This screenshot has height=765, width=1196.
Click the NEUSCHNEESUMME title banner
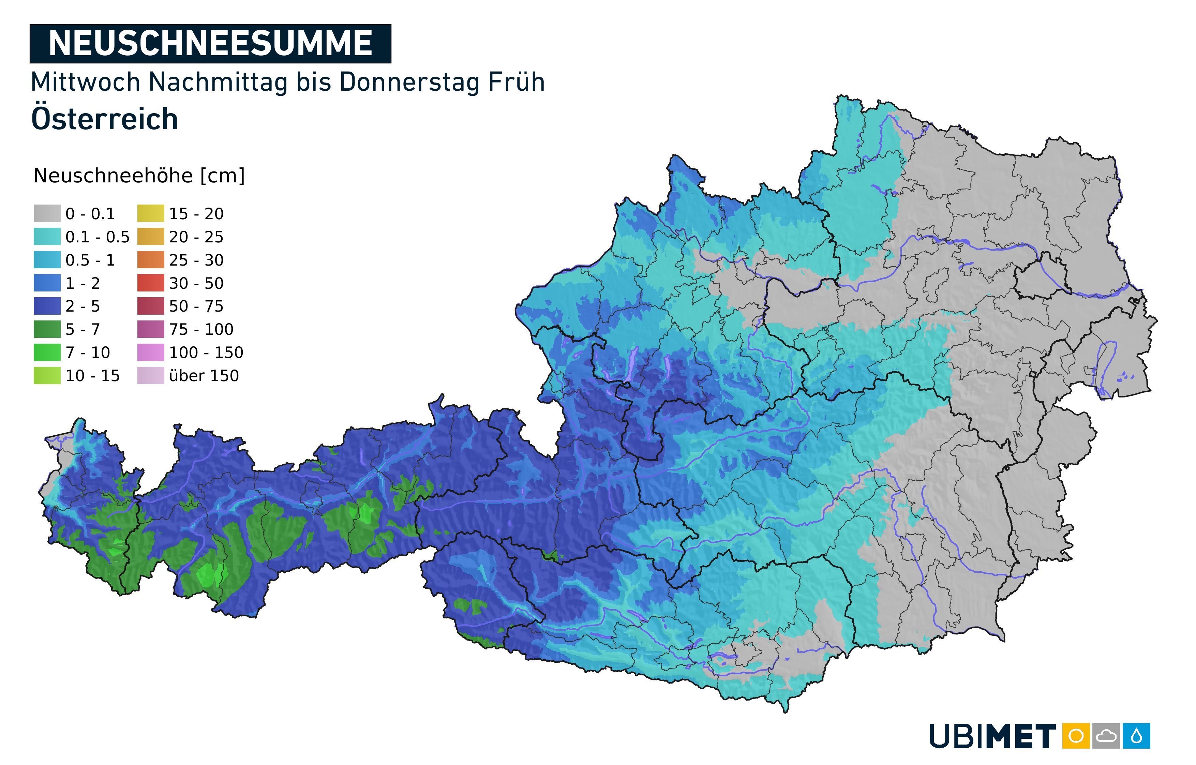[x=210, y=44]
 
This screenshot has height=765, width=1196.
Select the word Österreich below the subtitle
[x=104, y=119]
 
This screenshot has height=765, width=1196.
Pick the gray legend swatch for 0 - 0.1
[x=47, y=214]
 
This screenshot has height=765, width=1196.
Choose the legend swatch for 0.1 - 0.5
[x=47, y=237]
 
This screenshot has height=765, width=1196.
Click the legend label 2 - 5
[x=83, y=306]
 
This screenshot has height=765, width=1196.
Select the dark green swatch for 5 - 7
[x=47, y=329]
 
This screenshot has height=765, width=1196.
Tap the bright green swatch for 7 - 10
[x=47, y=352]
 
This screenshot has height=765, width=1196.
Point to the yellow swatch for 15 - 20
[x=150, y=214]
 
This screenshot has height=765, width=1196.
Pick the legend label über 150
[x=204, y=376]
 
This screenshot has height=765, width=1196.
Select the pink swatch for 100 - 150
[x=150, y=352]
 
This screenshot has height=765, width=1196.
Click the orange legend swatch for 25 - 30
[x=150, y=260]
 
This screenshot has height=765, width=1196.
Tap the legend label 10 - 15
[x=92, y=376]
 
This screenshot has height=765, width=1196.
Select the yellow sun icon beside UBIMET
[x=1076, y=736]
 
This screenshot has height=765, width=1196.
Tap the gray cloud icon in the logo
[x=1106, y=736]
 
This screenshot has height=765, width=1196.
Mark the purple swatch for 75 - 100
[x=150, y=329]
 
